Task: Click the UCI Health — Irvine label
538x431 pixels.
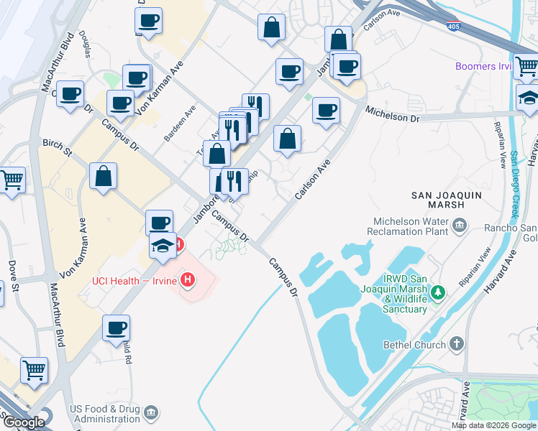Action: [x=134, y=280]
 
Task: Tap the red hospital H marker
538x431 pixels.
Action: [x=188, y=279]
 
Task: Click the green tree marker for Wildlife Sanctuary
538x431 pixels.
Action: [x=436, y=292]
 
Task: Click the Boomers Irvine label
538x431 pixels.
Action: [x=483, y=67]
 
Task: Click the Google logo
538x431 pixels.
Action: [x=24, y=422]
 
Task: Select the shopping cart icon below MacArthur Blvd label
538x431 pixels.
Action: [x=34, y=370]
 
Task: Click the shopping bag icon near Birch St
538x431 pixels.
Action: [x=104, y=176]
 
